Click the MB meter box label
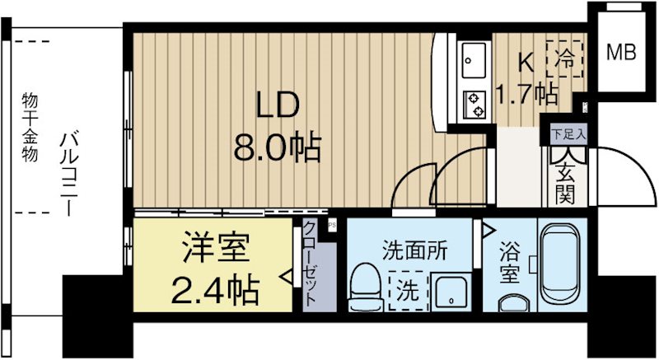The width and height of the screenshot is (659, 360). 621,52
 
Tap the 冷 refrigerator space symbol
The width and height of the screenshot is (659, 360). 564,58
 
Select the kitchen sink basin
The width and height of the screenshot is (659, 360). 474,59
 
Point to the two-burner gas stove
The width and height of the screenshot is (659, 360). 474,105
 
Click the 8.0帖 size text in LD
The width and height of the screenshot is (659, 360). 278,147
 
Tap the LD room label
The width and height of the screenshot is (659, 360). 278,105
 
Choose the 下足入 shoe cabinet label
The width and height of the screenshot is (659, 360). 568,134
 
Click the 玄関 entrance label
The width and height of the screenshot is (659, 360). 565,183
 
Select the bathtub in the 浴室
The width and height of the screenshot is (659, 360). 561,264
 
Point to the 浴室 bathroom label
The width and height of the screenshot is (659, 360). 509,262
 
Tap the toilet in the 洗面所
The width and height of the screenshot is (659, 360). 366,287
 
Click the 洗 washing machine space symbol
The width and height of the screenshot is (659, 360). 408,291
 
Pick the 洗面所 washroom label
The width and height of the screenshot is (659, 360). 415,250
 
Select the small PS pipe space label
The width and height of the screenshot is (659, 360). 332,225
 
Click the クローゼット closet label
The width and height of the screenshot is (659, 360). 310,264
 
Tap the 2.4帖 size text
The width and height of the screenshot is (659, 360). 214,290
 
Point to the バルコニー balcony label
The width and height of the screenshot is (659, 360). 69,174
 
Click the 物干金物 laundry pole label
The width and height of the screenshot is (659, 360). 30,128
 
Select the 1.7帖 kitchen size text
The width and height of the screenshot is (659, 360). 527,94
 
